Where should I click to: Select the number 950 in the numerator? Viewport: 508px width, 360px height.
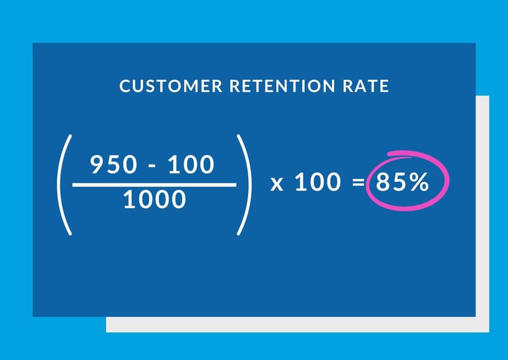click(x=112, y=165)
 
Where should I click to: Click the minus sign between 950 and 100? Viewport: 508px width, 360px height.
click(x=151, y=166)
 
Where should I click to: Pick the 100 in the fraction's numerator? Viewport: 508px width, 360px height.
click(x=191, y=165)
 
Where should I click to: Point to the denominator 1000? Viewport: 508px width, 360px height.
click(x=154, y=201)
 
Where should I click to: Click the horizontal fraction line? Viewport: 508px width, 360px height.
click(x=154, y=185)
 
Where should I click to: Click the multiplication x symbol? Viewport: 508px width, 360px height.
click(x=276, y=184)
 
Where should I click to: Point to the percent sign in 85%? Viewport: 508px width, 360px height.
click(x=418, y=183)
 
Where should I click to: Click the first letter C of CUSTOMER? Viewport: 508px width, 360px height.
click(x=124, y=86)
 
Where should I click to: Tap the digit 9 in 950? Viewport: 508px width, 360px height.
click(x=98, y=165)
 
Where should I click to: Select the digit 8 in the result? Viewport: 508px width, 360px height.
click(x=384, y=183)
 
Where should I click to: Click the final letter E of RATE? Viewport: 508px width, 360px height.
click(x=385, y=86)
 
